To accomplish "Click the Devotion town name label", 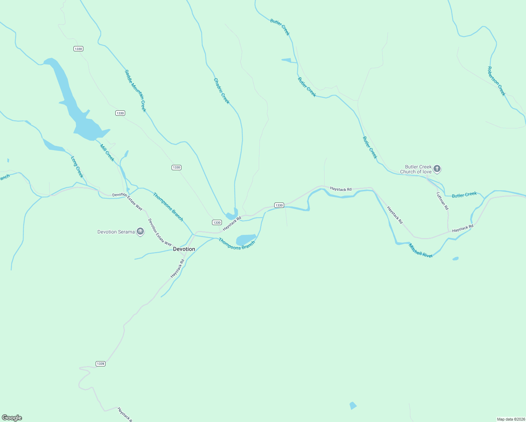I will click(184, 249).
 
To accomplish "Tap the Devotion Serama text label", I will click(116, 232).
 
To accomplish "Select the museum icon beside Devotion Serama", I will click(140, 232).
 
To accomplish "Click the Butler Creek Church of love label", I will click(416, 170).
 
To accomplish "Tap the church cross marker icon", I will click(437, 169).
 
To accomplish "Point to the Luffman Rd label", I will click(443, 201).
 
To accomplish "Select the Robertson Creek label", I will click(496, 81).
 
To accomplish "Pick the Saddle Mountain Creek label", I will click(135, 91).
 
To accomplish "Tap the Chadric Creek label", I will click(222, 91).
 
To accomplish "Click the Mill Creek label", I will click(107, 153).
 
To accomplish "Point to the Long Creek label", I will click(77, 167).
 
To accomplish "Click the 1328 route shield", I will click(101, 364).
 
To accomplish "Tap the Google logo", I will click(12, 418).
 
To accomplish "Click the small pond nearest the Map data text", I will click(353, 405).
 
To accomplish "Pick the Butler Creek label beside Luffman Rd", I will click(464, 195).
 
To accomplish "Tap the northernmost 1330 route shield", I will click(78, 49).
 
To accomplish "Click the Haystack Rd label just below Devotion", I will click(178, 269).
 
